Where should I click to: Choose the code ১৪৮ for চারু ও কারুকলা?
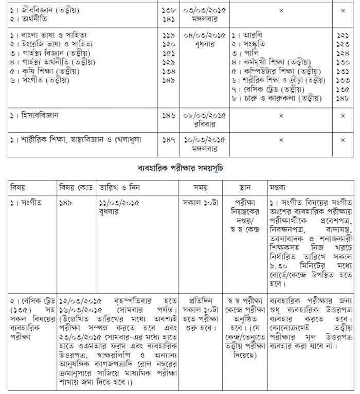(343, 98)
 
